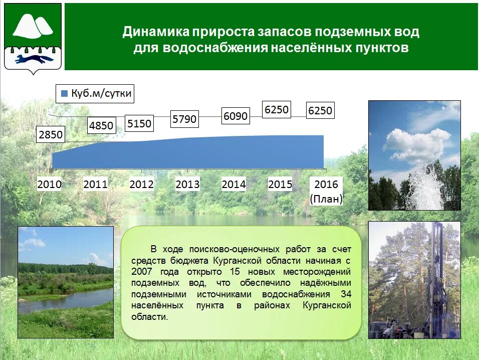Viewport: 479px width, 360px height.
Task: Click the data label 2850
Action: coord(51,134)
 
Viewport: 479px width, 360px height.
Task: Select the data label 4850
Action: coord(101,125)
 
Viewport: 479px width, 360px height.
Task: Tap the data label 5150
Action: coord(139,123)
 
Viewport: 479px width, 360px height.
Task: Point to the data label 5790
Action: coord(184,119)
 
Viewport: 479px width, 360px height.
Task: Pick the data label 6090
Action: coord(235,116)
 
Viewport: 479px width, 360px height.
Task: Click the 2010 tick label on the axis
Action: coord(50,185)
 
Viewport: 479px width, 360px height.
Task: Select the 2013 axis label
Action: coord(187,185)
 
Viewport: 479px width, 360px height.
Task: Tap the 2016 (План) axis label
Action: coord(326,192)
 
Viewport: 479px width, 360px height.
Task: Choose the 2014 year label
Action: coord(233,185)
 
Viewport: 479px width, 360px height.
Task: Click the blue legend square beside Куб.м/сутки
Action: coord(64,94)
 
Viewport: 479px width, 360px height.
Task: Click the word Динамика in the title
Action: coord(156,32)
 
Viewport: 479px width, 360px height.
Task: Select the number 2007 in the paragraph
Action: coord(142,272)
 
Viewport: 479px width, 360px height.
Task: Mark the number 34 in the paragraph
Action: coord(346,294)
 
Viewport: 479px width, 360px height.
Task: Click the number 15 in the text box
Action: coord(235,272)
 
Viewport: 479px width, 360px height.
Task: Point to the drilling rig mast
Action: coord(437,275)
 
